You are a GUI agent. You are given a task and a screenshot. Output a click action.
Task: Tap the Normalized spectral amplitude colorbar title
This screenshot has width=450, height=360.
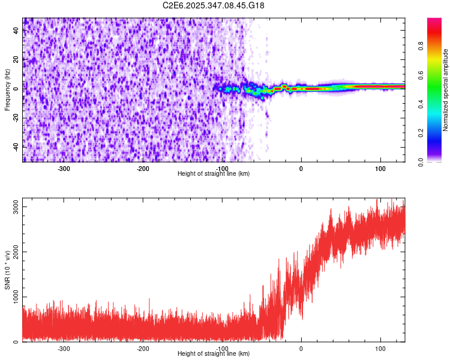(445, 90)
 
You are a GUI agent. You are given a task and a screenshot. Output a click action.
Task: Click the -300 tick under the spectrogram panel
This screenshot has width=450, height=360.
(64, 168)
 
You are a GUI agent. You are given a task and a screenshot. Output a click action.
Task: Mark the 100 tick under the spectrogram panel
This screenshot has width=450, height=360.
(380, 168)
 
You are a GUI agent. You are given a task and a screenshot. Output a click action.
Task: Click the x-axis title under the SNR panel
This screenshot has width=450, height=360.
(214, 354)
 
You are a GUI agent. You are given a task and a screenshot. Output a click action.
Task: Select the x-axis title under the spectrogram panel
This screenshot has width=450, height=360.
(214, 173)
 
